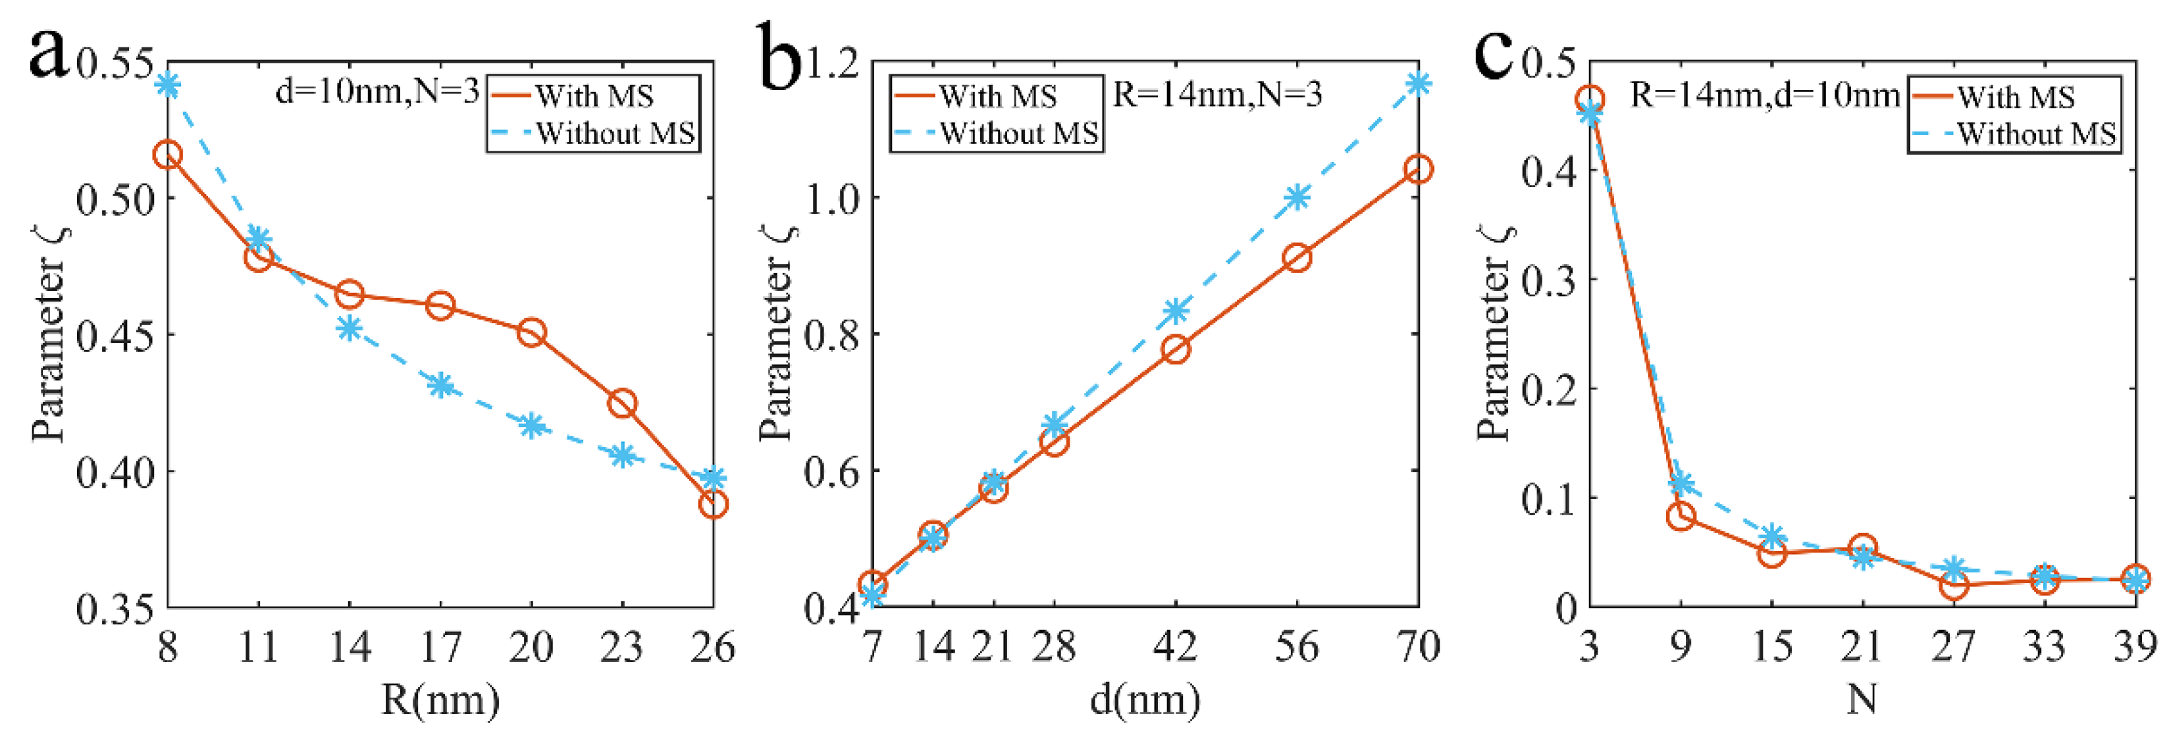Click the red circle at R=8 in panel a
click(x=168, y=155)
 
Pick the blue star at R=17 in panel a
click(x=440, y=386)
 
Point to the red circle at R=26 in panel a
click(x=713, y=505)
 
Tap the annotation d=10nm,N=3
click(x=377, y=91)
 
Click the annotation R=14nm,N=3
click(x=1218, y=93)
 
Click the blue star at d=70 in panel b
click(x=1419, y=84)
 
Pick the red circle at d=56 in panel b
click(x=1297, y=257)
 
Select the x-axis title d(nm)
click(x=1145, y=700)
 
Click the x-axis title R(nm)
click(x=440, y=700)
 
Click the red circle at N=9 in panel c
click(x=1681, y=516)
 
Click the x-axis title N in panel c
click(x=1862, y=700)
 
